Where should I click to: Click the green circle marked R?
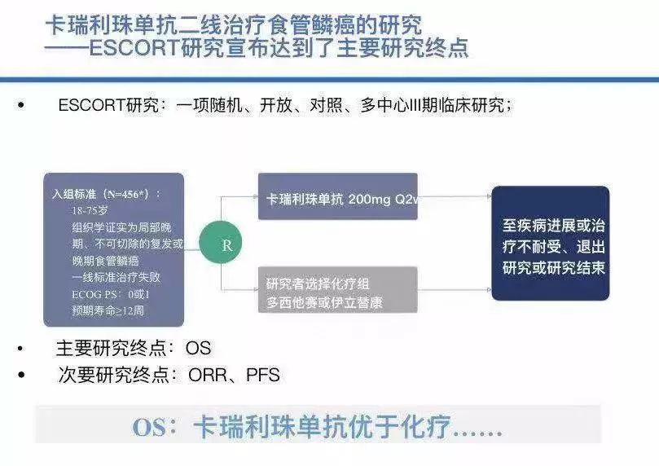coord(221,243)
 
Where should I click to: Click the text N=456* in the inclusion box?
coord(128,194)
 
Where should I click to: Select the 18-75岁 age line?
coord(90,210)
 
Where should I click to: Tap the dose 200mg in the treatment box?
coord(369,199)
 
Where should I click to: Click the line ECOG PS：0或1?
coord(111,294)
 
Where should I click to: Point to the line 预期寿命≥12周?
coord(108,310)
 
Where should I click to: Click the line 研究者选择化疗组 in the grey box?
coord(318,284)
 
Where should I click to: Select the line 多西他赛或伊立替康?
coord(324,302)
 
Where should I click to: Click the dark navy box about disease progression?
coord(551,244)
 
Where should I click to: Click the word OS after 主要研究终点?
coord(198,348)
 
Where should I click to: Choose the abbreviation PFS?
coord(262,375)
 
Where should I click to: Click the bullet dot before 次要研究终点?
coord(21,375)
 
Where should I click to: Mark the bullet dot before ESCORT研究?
coord(21,105)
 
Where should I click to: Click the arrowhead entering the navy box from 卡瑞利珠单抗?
coord(489,196)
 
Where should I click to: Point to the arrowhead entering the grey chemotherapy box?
coord(255,289)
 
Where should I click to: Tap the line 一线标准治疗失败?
coord(116,277)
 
